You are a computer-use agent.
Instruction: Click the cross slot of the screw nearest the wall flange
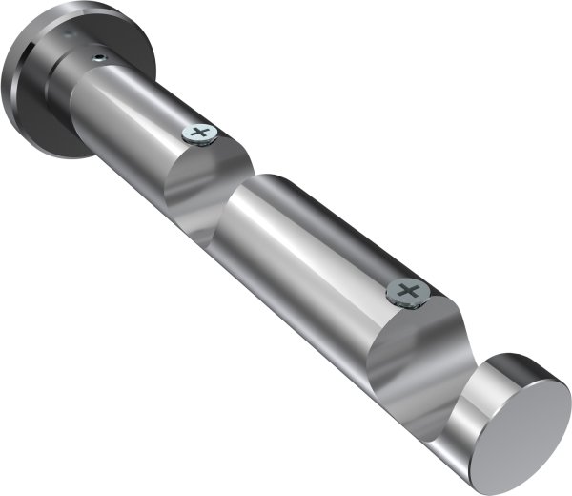199,133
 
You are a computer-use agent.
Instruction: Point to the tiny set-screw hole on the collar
97,59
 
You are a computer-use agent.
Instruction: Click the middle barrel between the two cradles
305,248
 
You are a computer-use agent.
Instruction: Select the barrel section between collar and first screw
133,114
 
